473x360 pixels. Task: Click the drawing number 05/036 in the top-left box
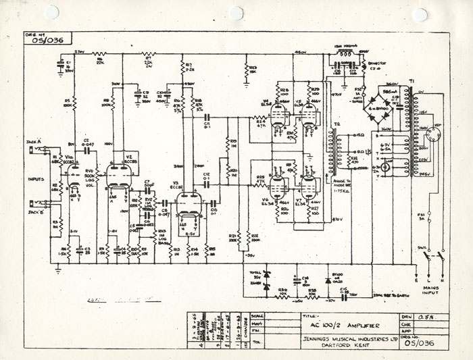click(x=45, y=40)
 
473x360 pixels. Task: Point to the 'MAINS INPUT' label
click(x=430, y=290)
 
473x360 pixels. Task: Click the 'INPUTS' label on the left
click(x=34, y=180)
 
